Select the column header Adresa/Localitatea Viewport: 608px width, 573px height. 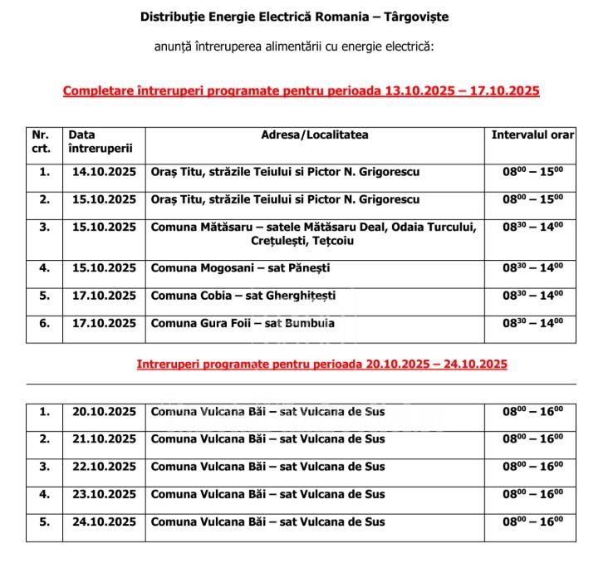[x=315, y=135]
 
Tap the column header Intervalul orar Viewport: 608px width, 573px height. [x=532, y=135]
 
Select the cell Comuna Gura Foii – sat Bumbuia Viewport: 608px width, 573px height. [x=243, y=323]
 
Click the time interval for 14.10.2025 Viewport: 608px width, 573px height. [x=532, y=172]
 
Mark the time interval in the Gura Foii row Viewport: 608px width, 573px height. [x=532, y=323]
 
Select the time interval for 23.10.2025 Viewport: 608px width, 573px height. [x=532, y=495]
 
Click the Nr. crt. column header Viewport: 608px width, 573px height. [x=42, y=142]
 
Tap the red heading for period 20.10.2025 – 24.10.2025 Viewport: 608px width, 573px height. [x=321, y=364]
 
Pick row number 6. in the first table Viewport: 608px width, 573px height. [x=44, y=323]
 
